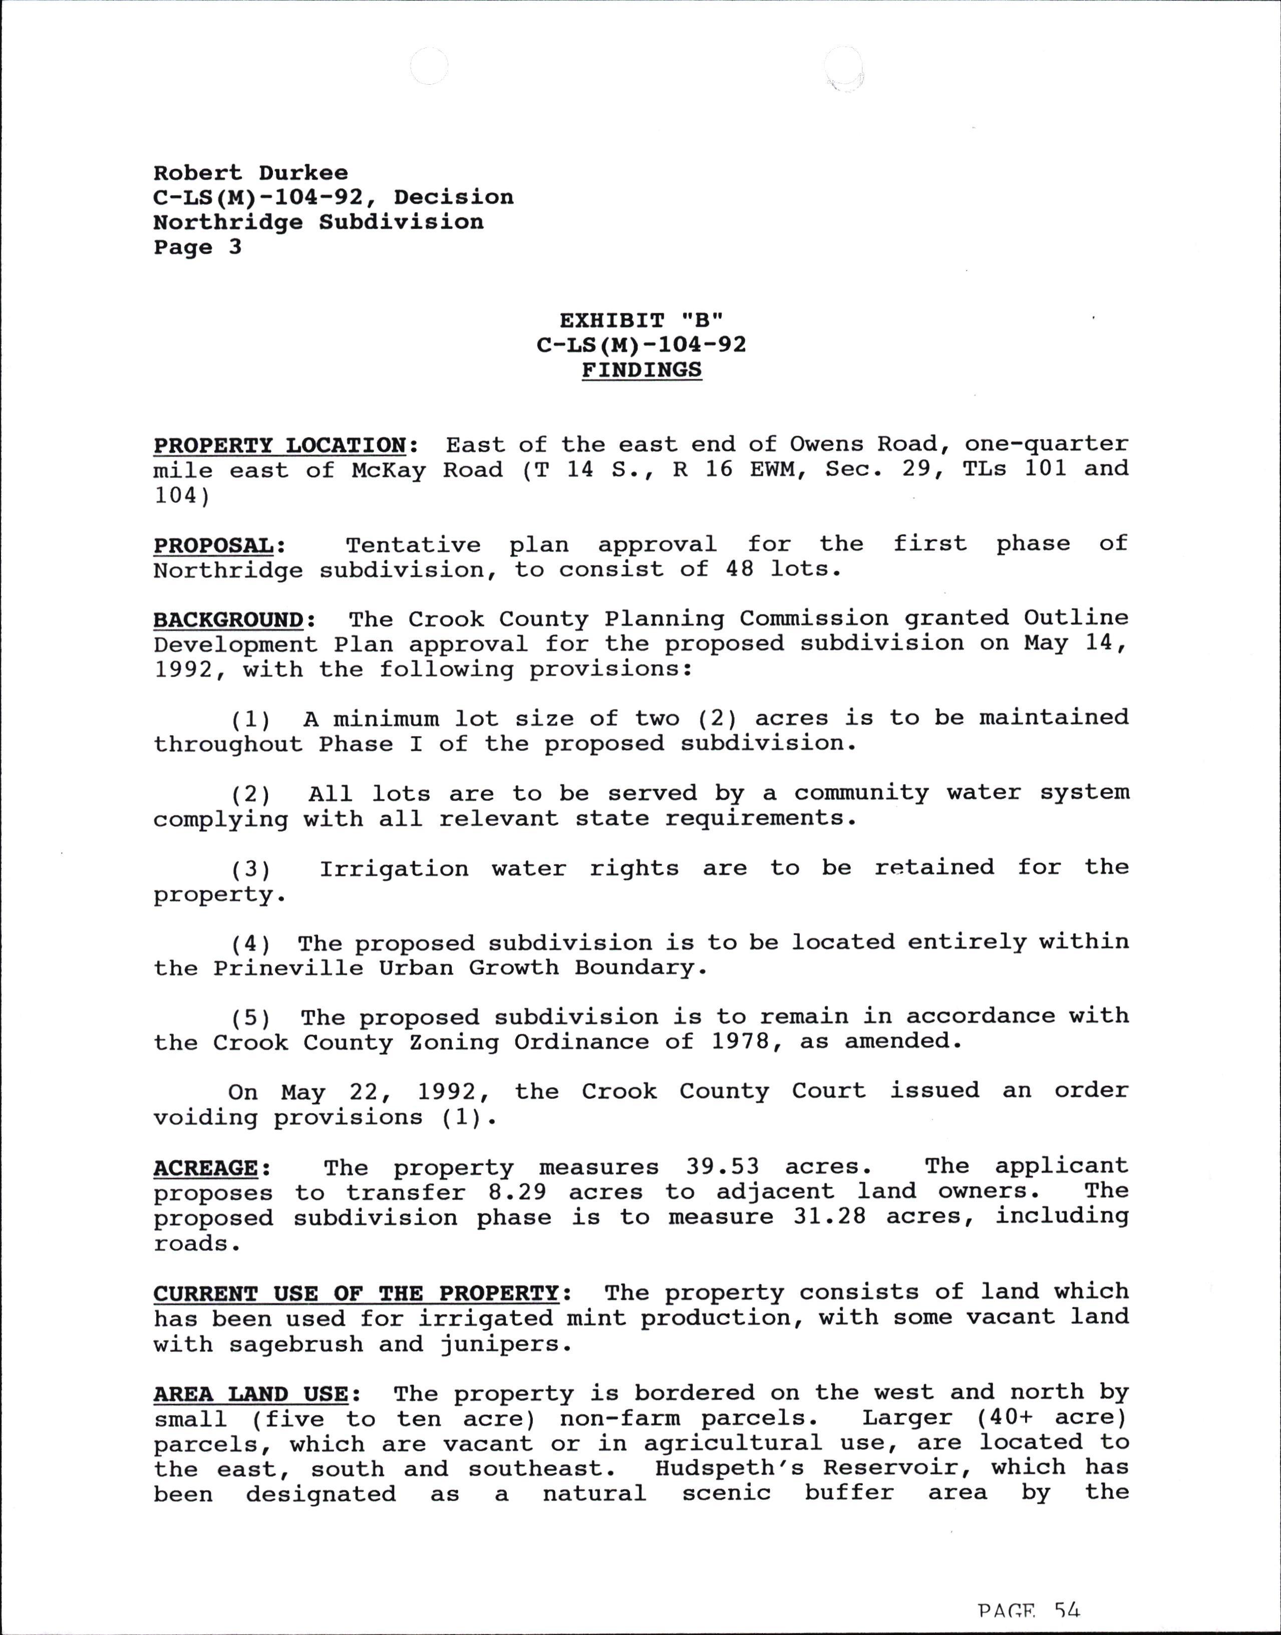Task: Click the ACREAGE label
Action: [206, 1168]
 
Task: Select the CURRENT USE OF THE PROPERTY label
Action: [356, 1293]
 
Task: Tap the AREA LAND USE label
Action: [250, 1394]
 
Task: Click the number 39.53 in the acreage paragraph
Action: [722, 1167]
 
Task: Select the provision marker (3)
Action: [250, 869]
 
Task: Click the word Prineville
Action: [288, 968]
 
